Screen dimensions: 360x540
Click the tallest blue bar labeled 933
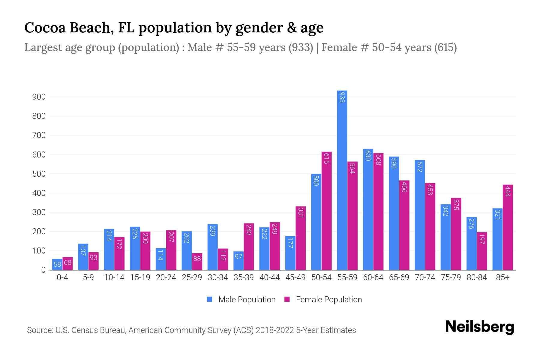pos(342,180)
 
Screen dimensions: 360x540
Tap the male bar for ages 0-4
pos(57,264)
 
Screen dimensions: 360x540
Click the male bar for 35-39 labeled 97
pos(238,260)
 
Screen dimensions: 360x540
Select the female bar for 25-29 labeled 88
pos(197,261)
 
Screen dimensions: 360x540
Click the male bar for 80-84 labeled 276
pos(472,243)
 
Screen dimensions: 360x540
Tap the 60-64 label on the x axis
pos(373,277)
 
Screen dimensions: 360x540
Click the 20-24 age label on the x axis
pos(166,277)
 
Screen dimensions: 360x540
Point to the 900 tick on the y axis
pos(39,97)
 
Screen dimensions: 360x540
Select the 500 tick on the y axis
pos(39,174)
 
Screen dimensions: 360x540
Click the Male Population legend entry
pos(247,300)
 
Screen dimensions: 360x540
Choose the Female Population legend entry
pos(328,300)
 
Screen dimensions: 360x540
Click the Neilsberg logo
pos(479,327)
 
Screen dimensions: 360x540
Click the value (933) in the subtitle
pos(301,47)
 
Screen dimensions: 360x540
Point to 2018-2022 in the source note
pos(275,330)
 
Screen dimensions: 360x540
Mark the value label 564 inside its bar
pos(352,168)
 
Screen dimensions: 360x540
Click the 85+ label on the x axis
pos(502,277)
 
